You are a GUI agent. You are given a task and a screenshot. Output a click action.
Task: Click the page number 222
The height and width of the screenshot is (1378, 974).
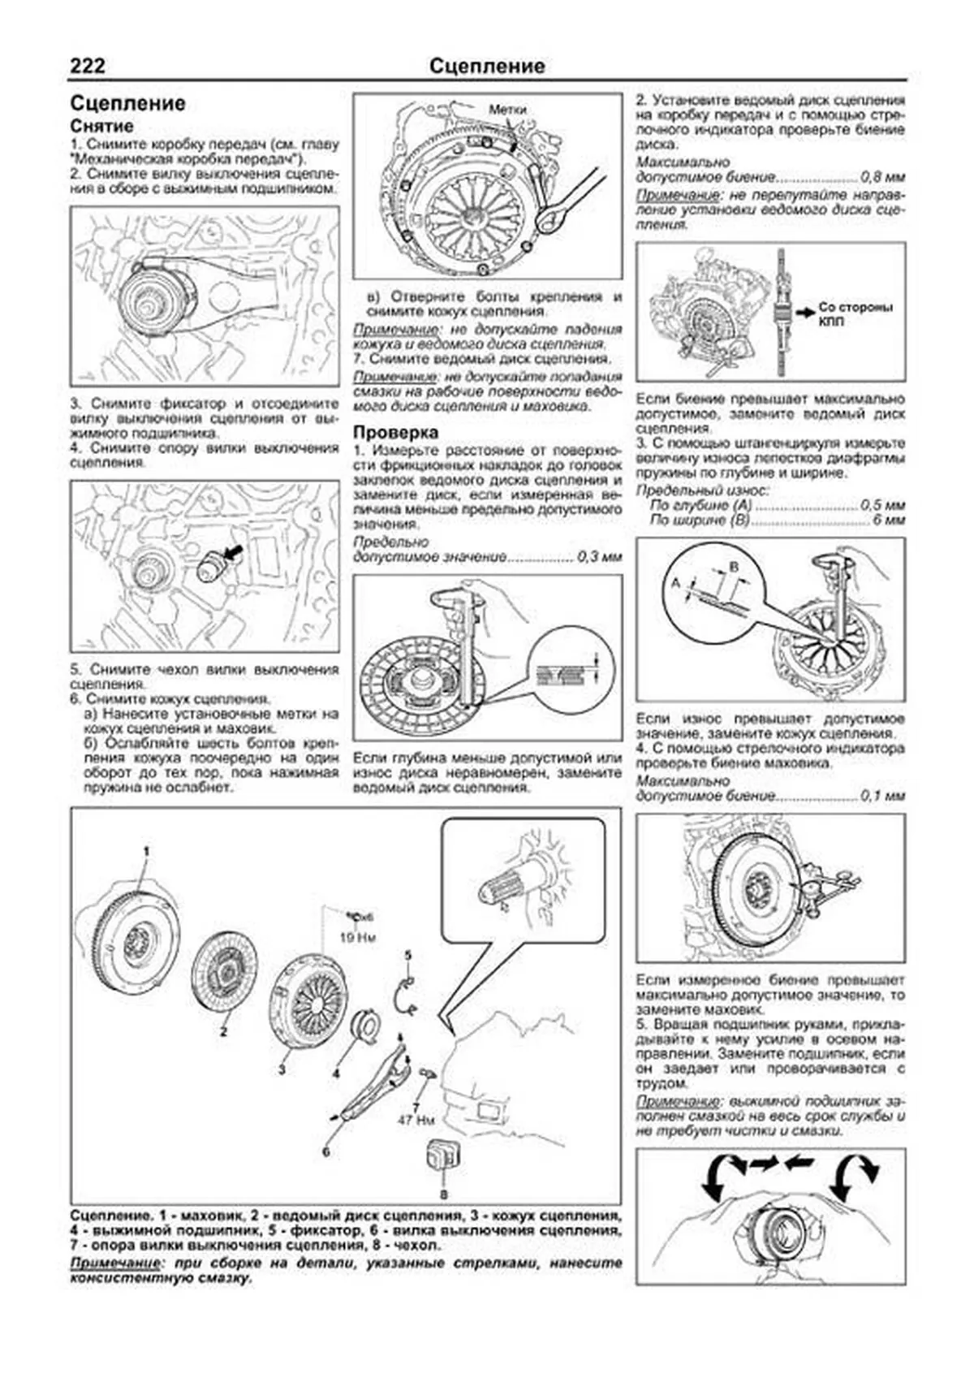87,66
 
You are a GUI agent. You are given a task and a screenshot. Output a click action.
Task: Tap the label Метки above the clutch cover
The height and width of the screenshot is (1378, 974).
506,110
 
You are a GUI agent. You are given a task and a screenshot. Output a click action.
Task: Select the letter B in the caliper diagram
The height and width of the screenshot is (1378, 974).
733,566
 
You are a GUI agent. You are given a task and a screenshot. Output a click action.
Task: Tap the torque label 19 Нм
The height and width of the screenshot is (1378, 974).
358,937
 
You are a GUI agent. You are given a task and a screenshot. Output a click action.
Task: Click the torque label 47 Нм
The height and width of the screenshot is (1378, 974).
416,1121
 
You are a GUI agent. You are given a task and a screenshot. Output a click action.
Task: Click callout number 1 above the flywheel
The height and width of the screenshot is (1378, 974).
147,850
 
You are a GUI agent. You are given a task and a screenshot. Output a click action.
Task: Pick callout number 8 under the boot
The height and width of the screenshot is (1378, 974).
443,1194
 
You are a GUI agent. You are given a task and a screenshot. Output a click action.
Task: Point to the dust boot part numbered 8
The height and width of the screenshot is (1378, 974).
443,1156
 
